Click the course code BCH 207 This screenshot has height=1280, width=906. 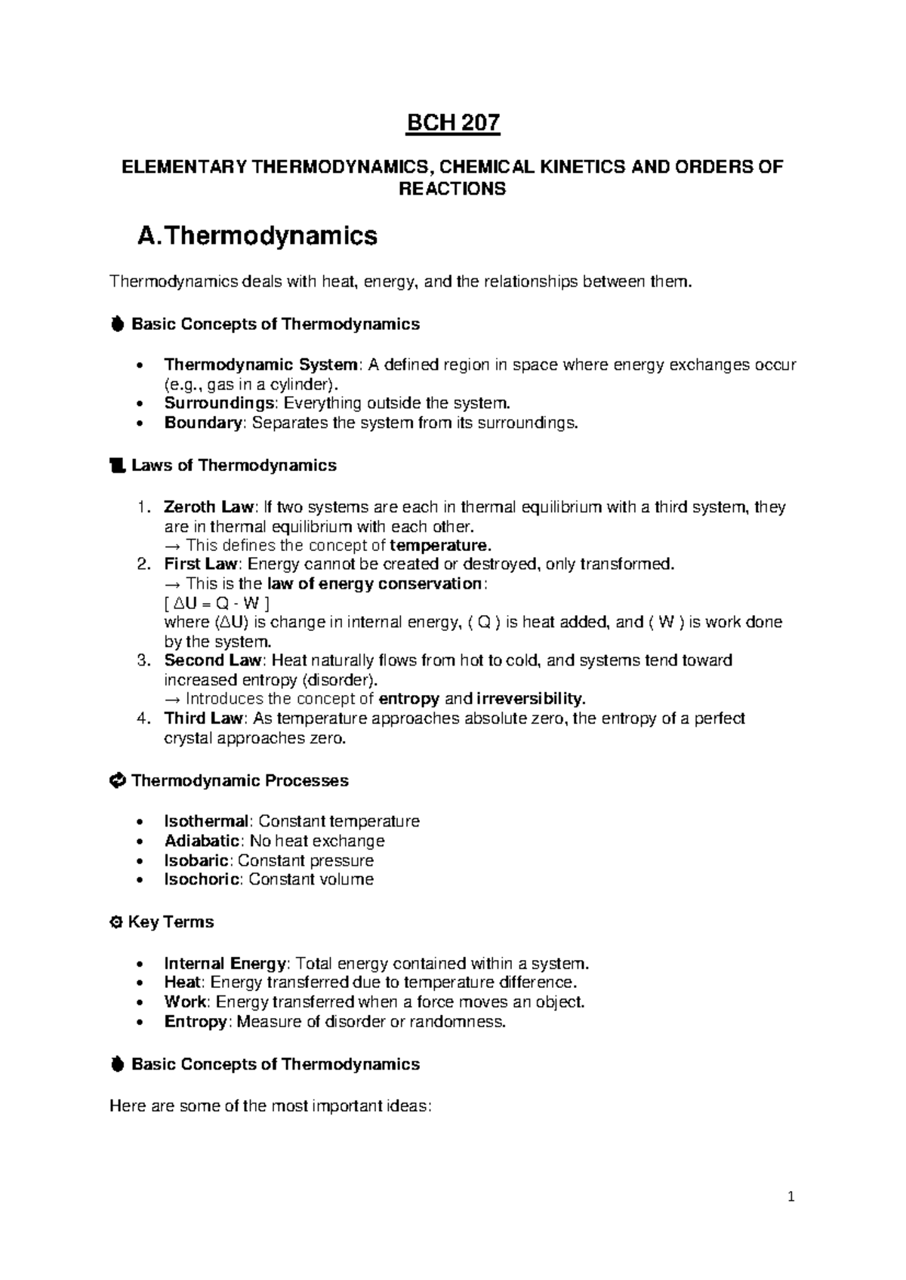(x=453, y=123)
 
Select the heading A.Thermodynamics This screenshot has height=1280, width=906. (x=257, y=236)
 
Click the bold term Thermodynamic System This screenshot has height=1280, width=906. (x=260, y=365)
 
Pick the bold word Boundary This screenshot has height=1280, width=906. (x=202, y=423)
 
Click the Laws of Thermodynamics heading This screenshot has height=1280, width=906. (x=233, y=466)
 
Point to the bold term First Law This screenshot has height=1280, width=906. (x=201, y=564)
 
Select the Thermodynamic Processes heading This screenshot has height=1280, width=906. (x=239, y=780)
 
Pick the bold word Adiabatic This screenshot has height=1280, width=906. (x=202, y=841)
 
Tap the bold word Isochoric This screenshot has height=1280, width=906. (x=202, y=879)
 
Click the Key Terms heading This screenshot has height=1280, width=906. (x=171, y=922)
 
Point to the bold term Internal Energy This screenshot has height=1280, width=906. (x=225, y=964)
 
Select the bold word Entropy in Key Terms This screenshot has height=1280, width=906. (x=195, y=1022)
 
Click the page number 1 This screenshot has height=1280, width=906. (x=790, y=1196)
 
